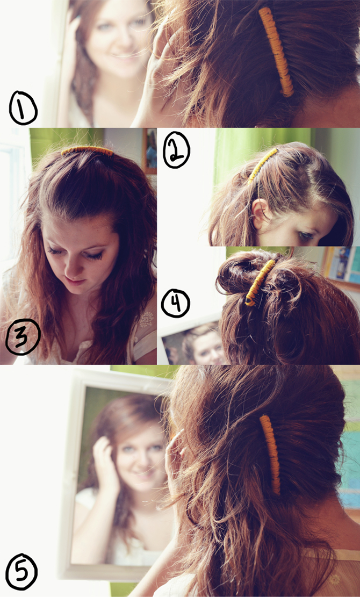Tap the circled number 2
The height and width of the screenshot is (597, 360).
tap(176, 151)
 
